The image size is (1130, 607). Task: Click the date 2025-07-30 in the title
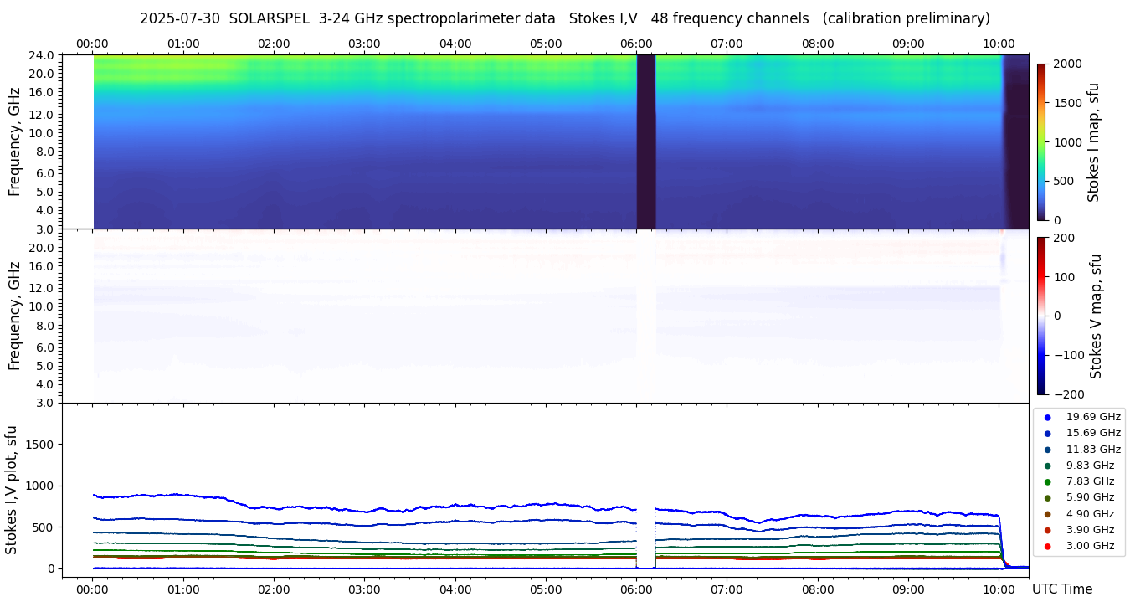(180, 18)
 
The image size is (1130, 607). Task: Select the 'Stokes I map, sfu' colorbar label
(1093, 142)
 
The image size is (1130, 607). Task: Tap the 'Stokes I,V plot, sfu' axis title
(12, 489)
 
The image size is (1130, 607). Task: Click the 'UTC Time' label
(1061, 589)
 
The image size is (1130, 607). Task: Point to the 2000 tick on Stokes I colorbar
(1067, 64)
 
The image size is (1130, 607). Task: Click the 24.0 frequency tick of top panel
(43, 56)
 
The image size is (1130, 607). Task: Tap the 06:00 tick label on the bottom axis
(636, 589)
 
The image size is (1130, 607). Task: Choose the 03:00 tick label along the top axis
(364, 44)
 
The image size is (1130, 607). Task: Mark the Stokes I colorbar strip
(1041, 142)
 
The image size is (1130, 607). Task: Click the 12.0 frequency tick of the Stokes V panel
(43, 288)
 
